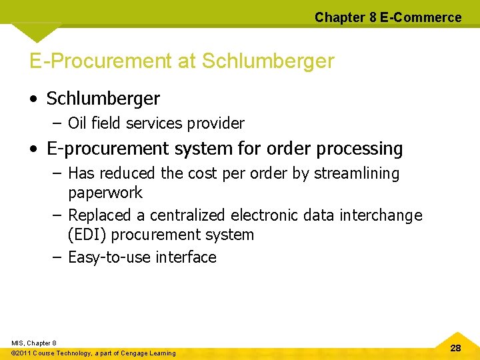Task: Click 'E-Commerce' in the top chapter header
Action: pos(420,17)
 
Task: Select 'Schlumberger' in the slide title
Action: pos(267,62)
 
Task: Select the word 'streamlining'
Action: pos(356,173)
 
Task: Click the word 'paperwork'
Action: pos(105,193)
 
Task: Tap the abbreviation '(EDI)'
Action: pos(87,235)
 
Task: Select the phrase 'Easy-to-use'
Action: pos(109,257)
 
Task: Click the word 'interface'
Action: pos(185,257)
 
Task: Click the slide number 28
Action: pos(455,348)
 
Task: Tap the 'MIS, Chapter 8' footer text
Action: pos(34,343)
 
